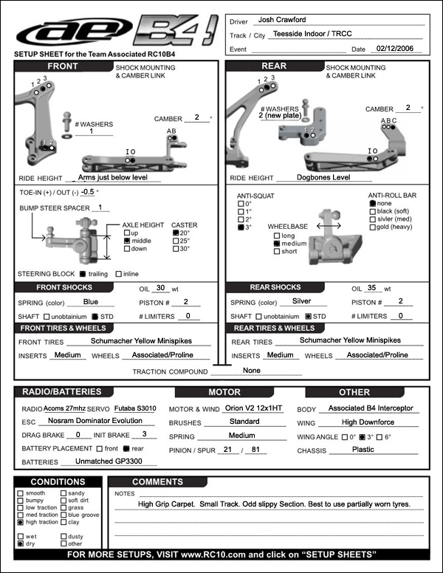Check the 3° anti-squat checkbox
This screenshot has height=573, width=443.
[x=240, y=229]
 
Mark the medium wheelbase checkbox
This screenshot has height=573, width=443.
[x=276, y=243]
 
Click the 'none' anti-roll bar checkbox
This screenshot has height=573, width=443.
[x=372, y=203]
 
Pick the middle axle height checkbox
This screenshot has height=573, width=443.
[x=127, y=241]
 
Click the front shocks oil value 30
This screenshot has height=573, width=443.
[x=162, y=288]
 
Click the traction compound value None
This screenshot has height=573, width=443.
[x=252, y=370]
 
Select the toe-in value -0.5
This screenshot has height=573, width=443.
[x=89, y=191]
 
